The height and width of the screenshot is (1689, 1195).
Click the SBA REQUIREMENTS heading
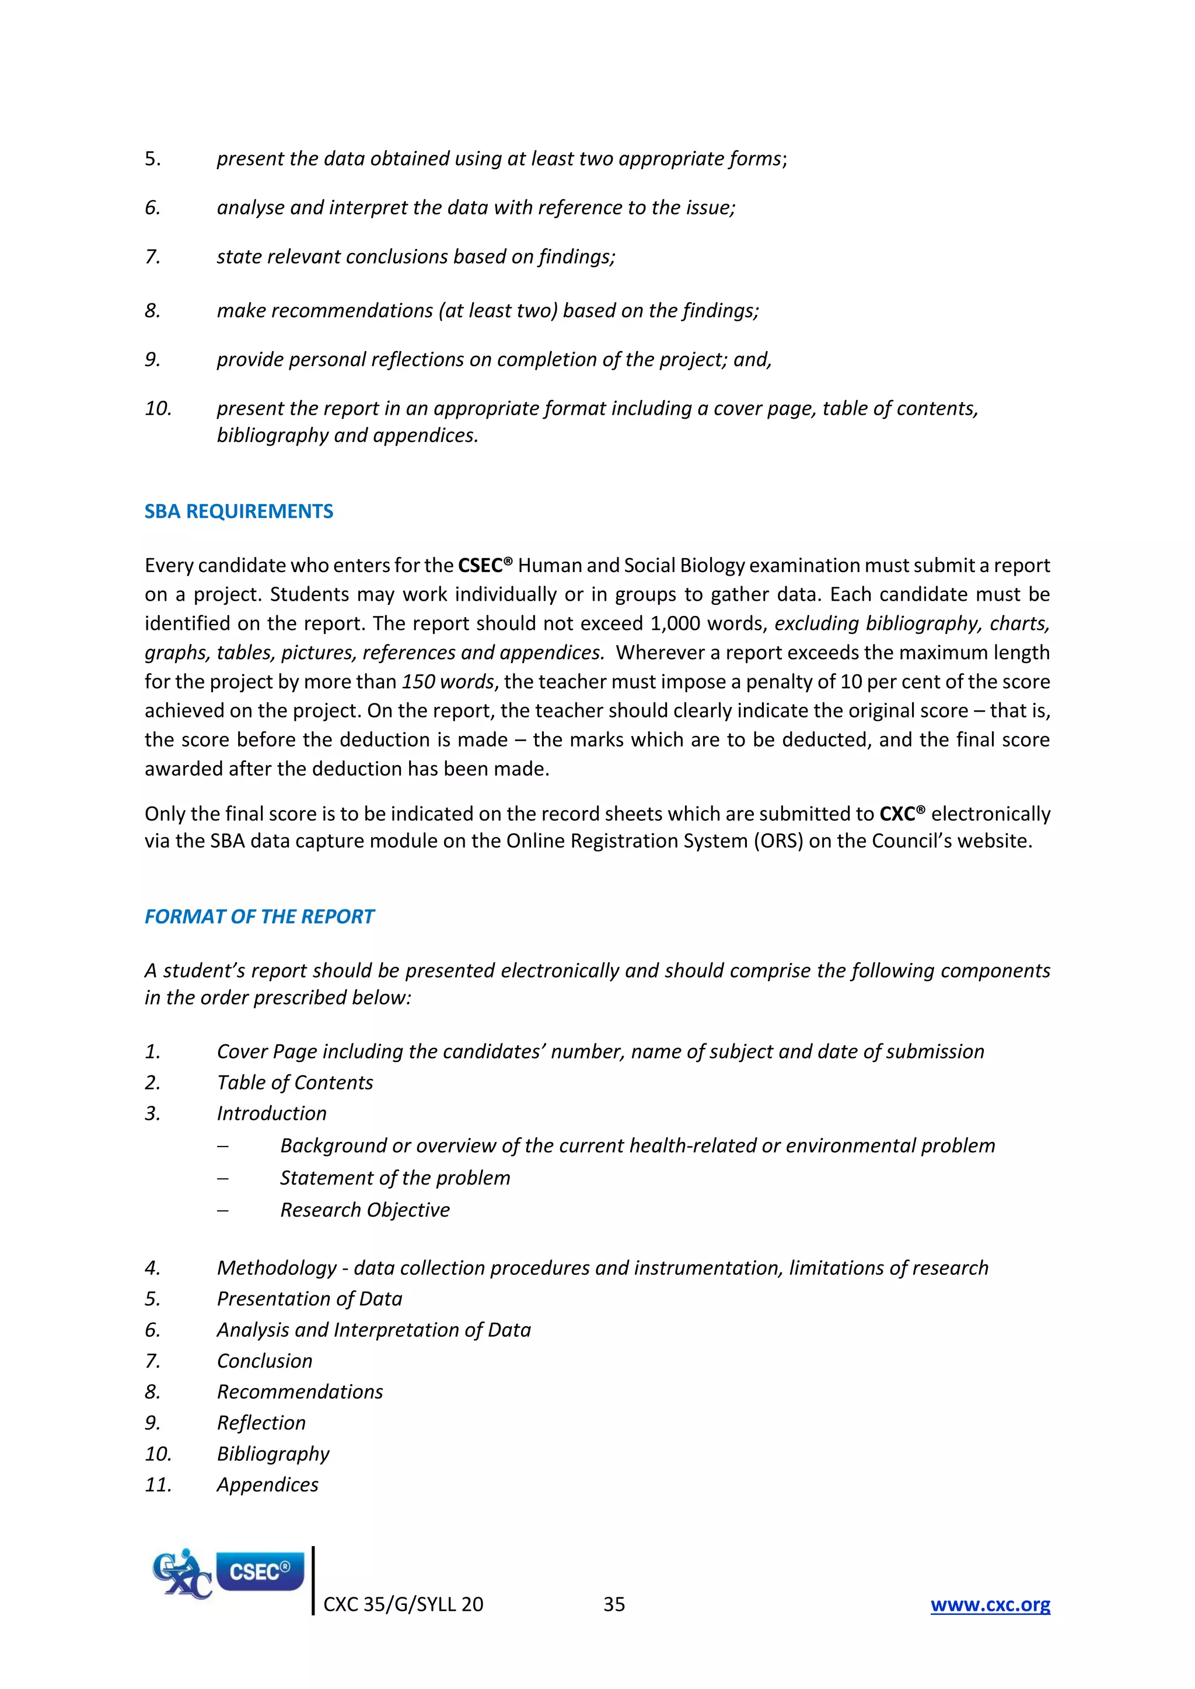pyautogui.click(x=239, y=511)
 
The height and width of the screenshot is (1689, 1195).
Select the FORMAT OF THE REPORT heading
pyautogui.click(x=259, y=917)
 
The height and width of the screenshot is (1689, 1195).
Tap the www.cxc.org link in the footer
pyautogui.click(x=990, y=1604)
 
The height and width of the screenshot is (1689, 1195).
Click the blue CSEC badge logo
pyautogui.click(x=259, y=1571)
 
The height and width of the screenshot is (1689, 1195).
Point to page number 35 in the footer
pyautogui.click(x=614, y=1604)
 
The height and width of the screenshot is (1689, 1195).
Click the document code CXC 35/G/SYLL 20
pyautogui.click(x=403, y=1604)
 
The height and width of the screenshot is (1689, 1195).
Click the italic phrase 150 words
pyautogui.click(x=448, y=682)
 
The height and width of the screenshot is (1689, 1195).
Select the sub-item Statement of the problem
pyautogui.click(x=394, y=1178)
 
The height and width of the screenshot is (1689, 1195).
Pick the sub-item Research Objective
pyautogui.click(x=364, y=1210)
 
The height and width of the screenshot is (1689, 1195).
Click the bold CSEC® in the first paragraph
pyautogui.click(x=484, y=566)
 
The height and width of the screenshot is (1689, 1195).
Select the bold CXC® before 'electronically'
pyautogui.click(x=902, y=814)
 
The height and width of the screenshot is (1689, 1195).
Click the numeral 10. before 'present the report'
pyautogui.click(x=158, y=408)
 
